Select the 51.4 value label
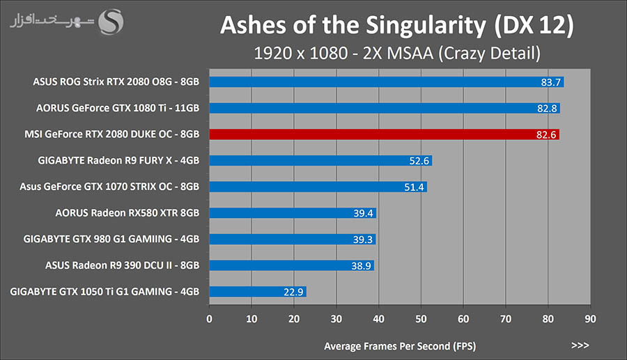[x=415, y=187]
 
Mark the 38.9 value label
[x=362, y=265]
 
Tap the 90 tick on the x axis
[x=590, y=319]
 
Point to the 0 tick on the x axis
[x=210, y=319]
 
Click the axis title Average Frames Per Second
[x=401, y=345]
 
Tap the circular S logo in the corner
[x=111, y=21]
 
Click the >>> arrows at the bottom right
[x=580, y=345]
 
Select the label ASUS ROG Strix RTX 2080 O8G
[x=116, y=82]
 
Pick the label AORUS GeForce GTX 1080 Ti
[x=118, y=108]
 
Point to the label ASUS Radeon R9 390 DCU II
[x=122, y=265]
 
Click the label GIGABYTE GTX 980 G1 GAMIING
[x=111, y=239]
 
